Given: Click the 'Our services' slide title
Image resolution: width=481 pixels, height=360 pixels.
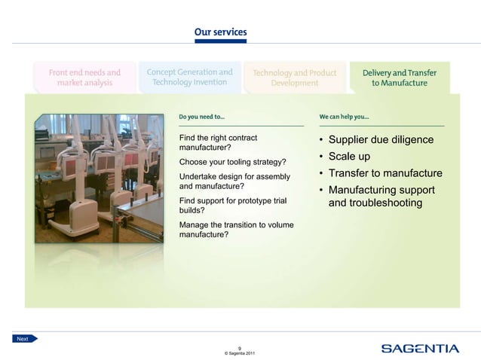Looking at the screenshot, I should click(220, 32).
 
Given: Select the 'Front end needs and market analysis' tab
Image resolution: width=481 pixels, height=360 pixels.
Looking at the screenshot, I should click(84, 78).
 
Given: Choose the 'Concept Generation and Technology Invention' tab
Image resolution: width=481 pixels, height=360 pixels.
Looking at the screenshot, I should click(189, 78).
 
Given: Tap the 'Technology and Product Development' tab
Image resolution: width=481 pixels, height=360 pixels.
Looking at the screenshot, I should click(295, 78).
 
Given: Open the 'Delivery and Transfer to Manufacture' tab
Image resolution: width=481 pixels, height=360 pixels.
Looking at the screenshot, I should click(399, 78).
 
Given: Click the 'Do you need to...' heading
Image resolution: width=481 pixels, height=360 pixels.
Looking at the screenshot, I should click(201, 117).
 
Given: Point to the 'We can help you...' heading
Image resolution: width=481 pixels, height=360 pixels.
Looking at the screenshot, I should click(344, 117).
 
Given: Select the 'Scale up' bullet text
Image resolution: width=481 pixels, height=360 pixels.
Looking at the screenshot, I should click(349, 157).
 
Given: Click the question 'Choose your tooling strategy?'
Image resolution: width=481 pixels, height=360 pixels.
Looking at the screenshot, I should click(232, 162).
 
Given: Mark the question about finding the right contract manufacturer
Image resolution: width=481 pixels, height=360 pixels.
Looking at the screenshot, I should click(218, 142).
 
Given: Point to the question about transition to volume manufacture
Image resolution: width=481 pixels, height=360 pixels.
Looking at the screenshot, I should click(236, 230).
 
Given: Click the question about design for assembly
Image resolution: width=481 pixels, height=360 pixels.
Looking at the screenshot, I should click(234, 181).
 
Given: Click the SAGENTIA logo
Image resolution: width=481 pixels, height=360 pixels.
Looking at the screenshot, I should click(419, 348).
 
